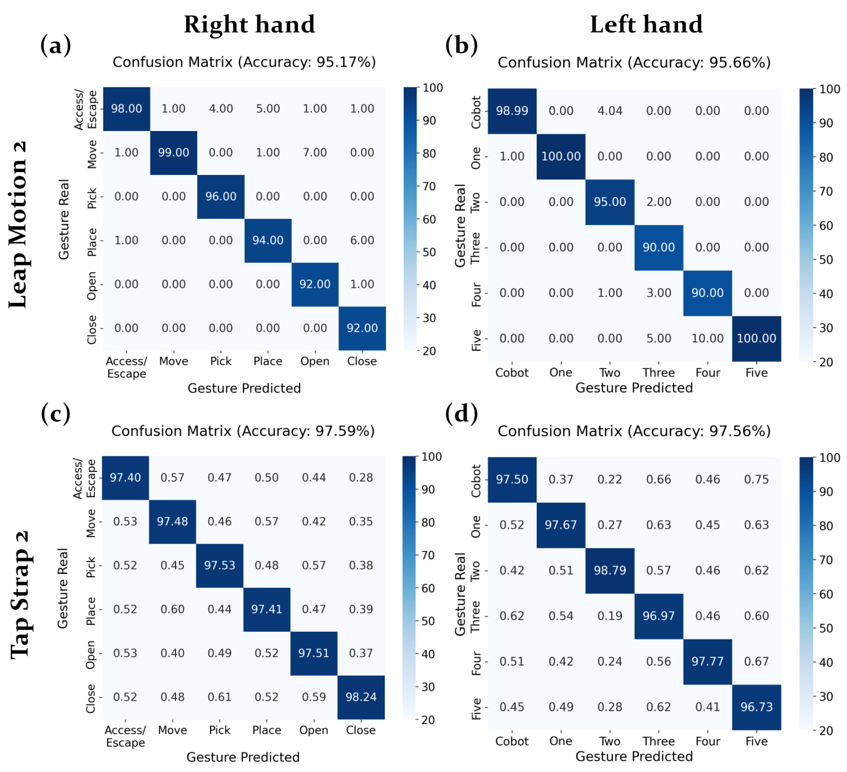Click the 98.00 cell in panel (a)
(126, 109)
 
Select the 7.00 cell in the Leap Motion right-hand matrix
(315, 153)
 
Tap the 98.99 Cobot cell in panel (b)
(512, 111)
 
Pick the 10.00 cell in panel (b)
(707, 338)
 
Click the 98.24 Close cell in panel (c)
(361, 697)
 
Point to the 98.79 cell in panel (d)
(610, 570)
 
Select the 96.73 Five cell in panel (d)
(756, 707)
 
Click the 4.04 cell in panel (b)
(610, 111)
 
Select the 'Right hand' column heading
(249, 24)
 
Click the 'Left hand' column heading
(646, 24)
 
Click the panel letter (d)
(461, 413)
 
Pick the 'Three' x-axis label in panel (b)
(658, 373)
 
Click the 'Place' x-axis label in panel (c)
(266, 730)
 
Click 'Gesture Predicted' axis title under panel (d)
(634, 756)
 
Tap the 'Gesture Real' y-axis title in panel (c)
(63, 588)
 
